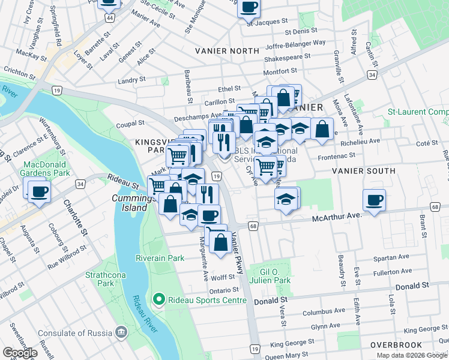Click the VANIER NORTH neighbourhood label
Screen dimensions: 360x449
coord(227,51)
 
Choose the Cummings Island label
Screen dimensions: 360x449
coord(129,203)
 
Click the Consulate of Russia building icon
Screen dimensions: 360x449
coord(121,332)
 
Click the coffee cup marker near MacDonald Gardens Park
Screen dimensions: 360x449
coord(38,193)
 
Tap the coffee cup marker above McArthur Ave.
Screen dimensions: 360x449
coord(373,200)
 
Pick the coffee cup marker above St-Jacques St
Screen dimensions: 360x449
coord(249,7)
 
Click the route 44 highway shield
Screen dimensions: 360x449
coord(109,19)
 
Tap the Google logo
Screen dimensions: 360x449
coord(20,353)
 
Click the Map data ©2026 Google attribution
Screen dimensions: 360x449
coord(412,355)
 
